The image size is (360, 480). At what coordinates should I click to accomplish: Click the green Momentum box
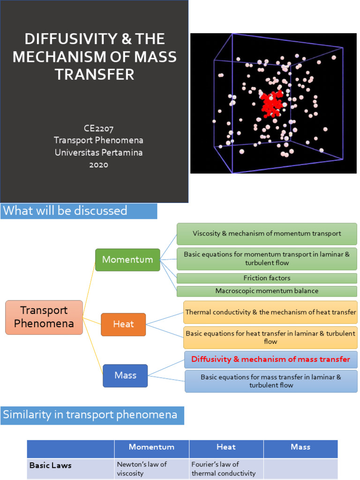pos(127,260)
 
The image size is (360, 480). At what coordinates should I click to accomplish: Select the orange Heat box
pos(123,324)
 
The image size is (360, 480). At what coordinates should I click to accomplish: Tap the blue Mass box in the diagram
pos(125,375)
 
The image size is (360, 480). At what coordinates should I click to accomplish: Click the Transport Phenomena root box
pos(44,317)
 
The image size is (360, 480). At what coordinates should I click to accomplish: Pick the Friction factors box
pos(267,278)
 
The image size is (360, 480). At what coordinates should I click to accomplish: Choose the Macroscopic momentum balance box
pos(267,291)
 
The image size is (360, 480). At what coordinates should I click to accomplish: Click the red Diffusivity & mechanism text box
pos(271,360)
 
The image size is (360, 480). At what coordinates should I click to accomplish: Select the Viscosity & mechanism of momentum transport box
pos(267,233)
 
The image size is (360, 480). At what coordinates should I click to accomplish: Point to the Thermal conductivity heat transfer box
pos(270,312)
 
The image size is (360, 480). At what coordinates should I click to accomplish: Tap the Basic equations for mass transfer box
pos(271,381)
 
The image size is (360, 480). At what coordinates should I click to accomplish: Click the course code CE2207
pos(98,128)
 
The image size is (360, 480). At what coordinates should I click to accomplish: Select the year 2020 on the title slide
pos(98,165)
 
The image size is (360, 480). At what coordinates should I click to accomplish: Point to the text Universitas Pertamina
pos(98,152)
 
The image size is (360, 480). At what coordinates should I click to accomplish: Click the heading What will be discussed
pos(65,211)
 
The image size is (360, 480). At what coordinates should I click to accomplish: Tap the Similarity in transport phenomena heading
pos(90,415)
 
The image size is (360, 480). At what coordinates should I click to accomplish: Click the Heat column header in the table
pos(226,447)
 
